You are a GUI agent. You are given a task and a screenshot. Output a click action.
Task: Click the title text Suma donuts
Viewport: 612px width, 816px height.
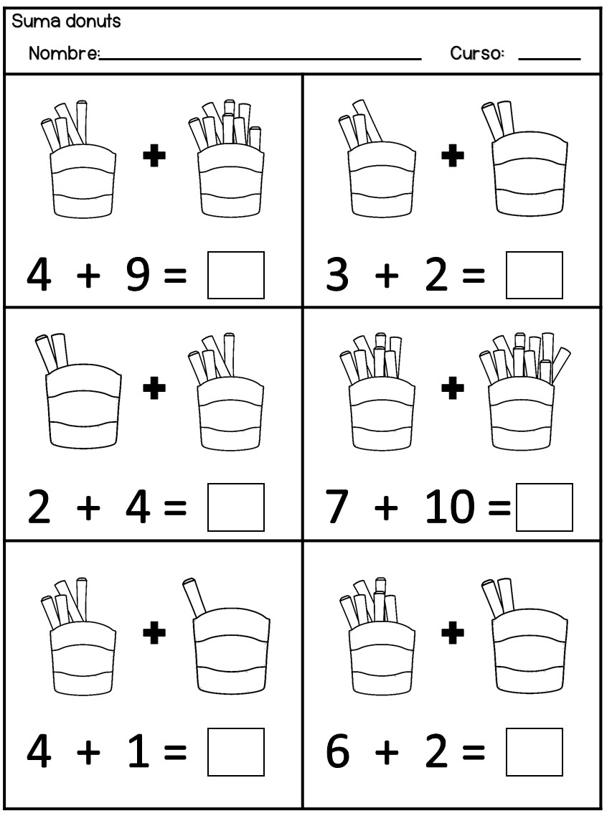(x=66, y=22)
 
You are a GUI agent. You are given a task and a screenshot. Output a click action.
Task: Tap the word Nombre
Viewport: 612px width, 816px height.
(x=63, y=53)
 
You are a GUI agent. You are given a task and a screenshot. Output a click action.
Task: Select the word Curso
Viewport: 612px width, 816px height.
(x=476, y=53)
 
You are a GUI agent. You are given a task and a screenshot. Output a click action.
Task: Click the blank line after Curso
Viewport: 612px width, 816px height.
(x=550, y=60)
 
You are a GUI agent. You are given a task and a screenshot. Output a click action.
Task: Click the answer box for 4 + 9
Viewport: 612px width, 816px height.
(x=236, y=276)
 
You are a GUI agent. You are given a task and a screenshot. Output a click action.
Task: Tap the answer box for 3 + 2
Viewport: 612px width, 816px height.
(x=535, y=276)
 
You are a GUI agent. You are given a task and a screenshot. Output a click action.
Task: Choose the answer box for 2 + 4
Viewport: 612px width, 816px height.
(x=236, y=507)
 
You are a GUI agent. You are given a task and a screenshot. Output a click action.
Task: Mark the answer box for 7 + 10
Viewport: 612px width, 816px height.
(x=545, y=507)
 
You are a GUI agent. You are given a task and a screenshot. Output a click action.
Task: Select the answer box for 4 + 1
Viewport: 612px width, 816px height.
(x=236, y=752)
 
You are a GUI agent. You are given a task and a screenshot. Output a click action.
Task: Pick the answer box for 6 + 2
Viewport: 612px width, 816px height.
(x=535, y=752)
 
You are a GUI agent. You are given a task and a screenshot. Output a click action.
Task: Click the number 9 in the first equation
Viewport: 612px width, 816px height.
(x=138, y=275)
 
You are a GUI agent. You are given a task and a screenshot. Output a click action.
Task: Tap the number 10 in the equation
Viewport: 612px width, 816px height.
(x=450, y=507)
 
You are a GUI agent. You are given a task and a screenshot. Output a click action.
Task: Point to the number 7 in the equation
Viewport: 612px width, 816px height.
(x=337, y=507)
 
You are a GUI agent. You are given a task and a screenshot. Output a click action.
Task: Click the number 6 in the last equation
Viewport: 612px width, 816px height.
(x=337, y=751)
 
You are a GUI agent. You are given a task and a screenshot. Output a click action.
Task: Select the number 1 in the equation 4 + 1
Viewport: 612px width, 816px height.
(x=139, y=751)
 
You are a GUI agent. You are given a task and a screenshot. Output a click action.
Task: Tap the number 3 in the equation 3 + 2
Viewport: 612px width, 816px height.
(x=337, y=275)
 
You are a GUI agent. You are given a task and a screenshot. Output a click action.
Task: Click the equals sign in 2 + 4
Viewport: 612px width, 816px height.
(x=175, y=507)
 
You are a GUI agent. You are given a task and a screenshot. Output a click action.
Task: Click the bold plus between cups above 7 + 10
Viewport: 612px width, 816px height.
(x=453, y=388)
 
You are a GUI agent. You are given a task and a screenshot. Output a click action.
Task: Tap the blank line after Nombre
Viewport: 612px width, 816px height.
(x=260, y=60)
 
